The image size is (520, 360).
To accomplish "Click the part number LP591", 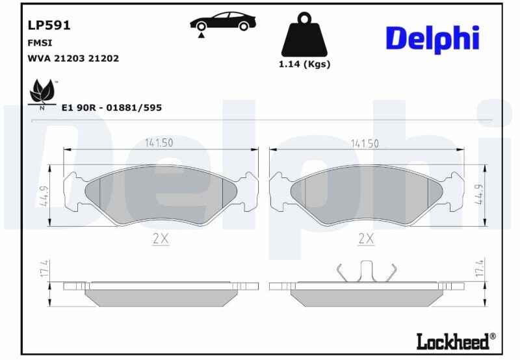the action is (x=49, y=25).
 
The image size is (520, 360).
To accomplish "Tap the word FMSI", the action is (x=40, y=43).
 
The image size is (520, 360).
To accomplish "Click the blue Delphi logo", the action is (x=432, y=39).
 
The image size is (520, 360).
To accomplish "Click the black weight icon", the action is (x=304, y=34).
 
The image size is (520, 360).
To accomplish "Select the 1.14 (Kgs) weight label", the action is (x=304, y=64).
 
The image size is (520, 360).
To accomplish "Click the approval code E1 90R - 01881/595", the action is (x=112, y=107).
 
